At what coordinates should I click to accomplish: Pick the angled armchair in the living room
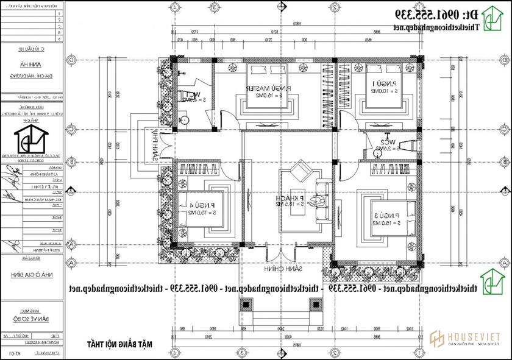coord(301,172)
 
